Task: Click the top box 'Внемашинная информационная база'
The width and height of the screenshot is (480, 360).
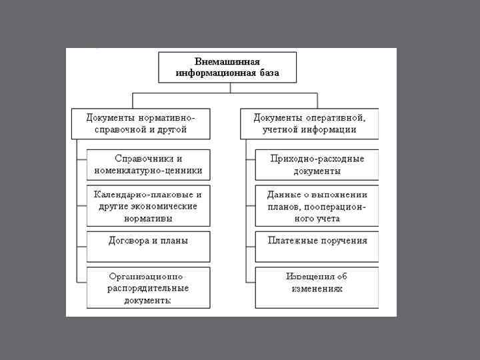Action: pos(227,67)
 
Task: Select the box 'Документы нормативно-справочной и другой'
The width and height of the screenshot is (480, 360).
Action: pos(141,123)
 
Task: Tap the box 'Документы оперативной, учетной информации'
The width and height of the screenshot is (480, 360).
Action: pos(309,123)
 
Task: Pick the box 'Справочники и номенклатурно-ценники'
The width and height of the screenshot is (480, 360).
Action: pos(148,165)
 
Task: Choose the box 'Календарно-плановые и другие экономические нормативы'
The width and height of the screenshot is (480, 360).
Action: pos(148,207)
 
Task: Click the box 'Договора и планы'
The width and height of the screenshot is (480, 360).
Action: pos(148,241)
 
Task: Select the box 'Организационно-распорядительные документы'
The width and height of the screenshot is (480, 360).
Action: pos(148,287)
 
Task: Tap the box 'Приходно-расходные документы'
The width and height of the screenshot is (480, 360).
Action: pos(317,165)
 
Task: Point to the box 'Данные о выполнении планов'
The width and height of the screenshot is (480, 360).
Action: pos(317,207)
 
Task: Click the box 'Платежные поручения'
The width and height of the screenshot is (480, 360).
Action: pos(317,241)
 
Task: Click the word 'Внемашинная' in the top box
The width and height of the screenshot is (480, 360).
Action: pos(227,61)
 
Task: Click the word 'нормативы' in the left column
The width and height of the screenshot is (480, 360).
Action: pos(148,218)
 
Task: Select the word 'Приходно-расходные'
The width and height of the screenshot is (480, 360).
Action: pos(317,159)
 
